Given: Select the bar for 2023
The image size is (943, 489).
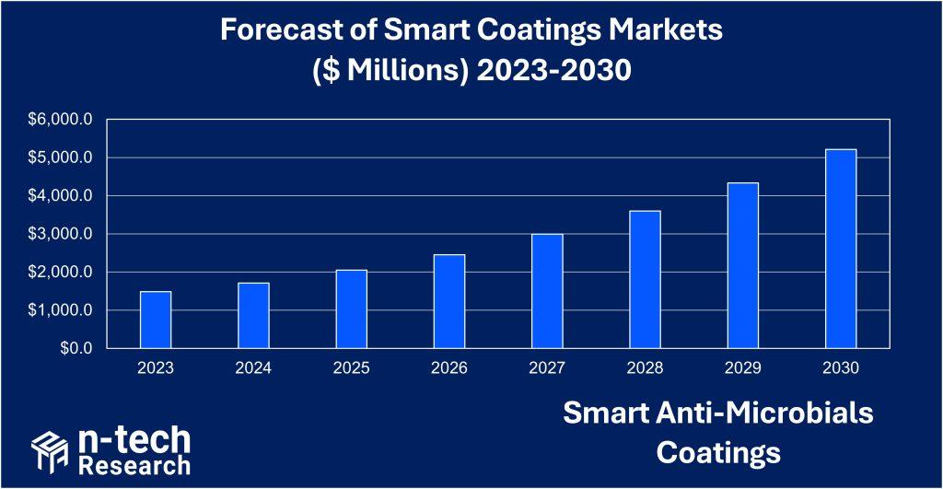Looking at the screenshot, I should click(156, 320).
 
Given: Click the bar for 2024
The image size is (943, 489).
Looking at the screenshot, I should click(253, 315).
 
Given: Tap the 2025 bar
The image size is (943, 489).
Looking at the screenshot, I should click(352, 309).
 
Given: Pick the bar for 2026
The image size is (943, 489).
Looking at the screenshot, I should click(449, 301).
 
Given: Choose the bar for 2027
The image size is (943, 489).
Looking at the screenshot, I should click(547, 291).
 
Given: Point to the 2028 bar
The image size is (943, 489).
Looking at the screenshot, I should click(646, 279).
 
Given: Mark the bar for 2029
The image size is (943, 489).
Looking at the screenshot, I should click(743, 265).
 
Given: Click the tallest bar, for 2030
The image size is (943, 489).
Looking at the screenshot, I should click(841, 249).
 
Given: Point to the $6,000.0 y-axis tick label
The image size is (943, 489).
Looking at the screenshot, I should click(63, 120).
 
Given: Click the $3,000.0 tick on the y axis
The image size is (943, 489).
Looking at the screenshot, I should click(63, 234).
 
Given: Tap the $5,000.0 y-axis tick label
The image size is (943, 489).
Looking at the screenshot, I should click(63, 157).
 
